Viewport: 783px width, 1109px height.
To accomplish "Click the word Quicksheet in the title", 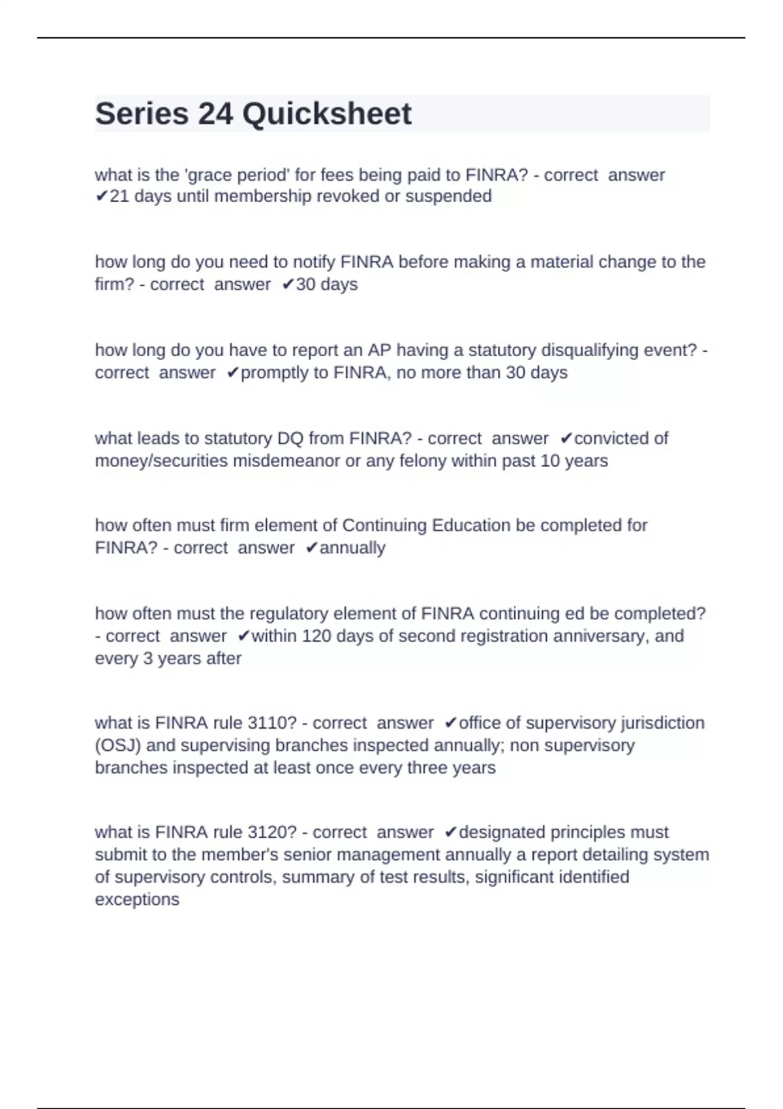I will click(x=327, y=114).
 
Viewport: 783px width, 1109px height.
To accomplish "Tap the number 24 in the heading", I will click(x=215, y=114).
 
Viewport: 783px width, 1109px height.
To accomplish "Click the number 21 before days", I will click(x=119, y=196).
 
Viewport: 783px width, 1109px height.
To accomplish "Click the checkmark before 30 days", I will click(x=287, y=284).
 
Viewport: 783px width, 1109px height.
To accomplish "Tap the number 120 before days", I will click(x=316, y=635).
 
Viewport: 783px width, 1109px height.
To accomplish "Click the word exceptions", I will click(x=137, y=900).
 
